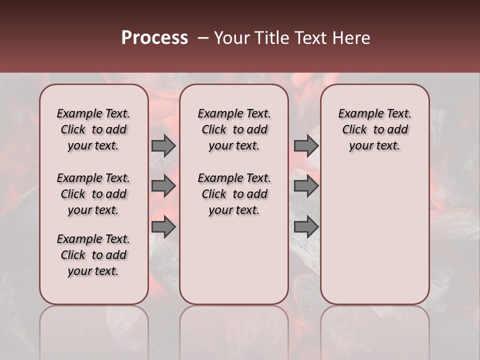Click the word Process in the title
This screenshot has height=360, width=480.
[x=154, y=38]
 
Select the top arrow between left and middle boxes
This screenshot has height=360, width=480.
[x=163, y=145]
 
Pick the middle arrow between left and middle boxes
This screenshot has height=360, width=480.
[x=163, y=186]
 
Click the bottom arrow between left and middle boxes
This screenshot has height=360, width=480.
[x=163, y=227]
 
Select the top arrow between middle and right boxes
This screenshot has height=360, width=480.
[x=306, y=145]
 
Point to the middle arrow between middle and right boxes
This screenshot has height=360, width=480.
[x=306, y=186]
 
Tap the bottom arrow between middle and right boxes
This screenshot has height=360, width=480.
[x=306, y=227]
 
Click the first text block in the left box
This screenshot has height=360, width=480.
[x=93, y=129]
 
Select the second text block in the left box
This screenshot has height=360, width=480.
[x=93, y=194]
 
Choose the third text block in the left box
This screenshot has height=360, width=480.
[x=93, y=255]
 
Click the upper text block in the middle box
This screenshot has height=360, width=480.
[x=234, y=129]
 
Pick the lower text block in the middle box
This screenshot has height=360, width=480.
[x=234, y=194]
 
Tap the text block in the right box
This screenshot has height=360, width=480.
[x=374, y=129]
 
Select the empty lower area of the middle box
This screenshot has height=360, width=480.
[x=234, y=260]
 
